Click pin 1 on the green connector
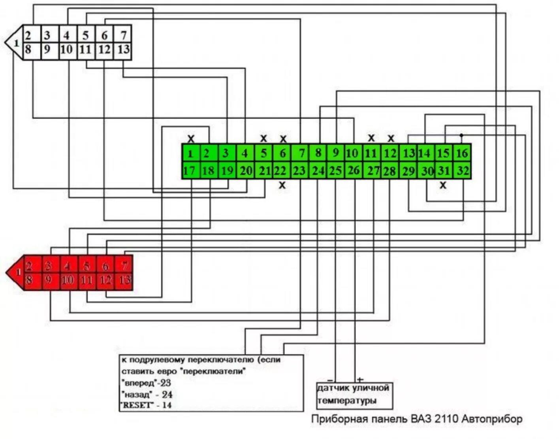[191, 153]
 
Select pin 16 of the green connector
[462, 153]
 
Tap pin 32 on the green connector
[462, 171]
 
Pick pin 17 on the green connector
[190, 171]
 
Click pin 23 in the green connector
[299, 171]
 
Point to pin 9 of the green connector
[336, 153]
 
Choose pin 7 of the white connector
[123, 35]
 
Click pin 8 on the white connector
[28, 50]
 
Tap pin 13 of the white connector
[123, 50]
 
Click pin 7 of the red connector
[124, 265]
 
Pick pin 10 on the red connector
[68, 280]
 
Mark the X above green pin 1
[191, 139]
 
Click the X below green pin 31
[443, 185]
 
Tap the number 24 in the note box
[167, 394]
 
